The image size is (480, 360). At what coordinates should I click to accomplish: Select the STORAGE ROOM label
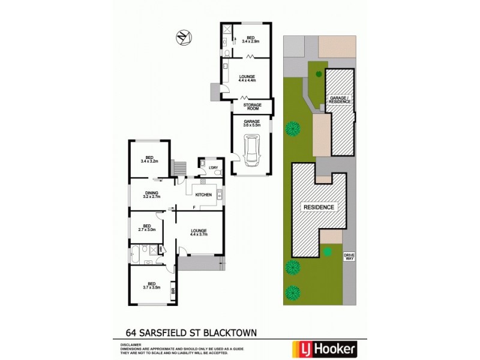point(252,106)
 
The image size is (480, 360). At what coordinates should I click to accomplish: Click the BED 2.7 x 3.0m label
point(147,228)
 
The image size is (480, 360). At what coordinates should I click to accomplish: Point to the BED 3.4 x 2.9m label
point(251,39)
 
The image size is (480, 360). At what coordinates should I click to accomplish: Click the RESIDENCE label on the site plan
point(319,207)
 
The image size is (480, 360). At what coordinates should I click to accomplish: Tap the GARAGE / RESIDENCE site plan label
point(339,100)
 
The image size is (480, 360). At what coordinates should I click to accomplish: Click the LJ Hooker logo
point(323,348)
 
